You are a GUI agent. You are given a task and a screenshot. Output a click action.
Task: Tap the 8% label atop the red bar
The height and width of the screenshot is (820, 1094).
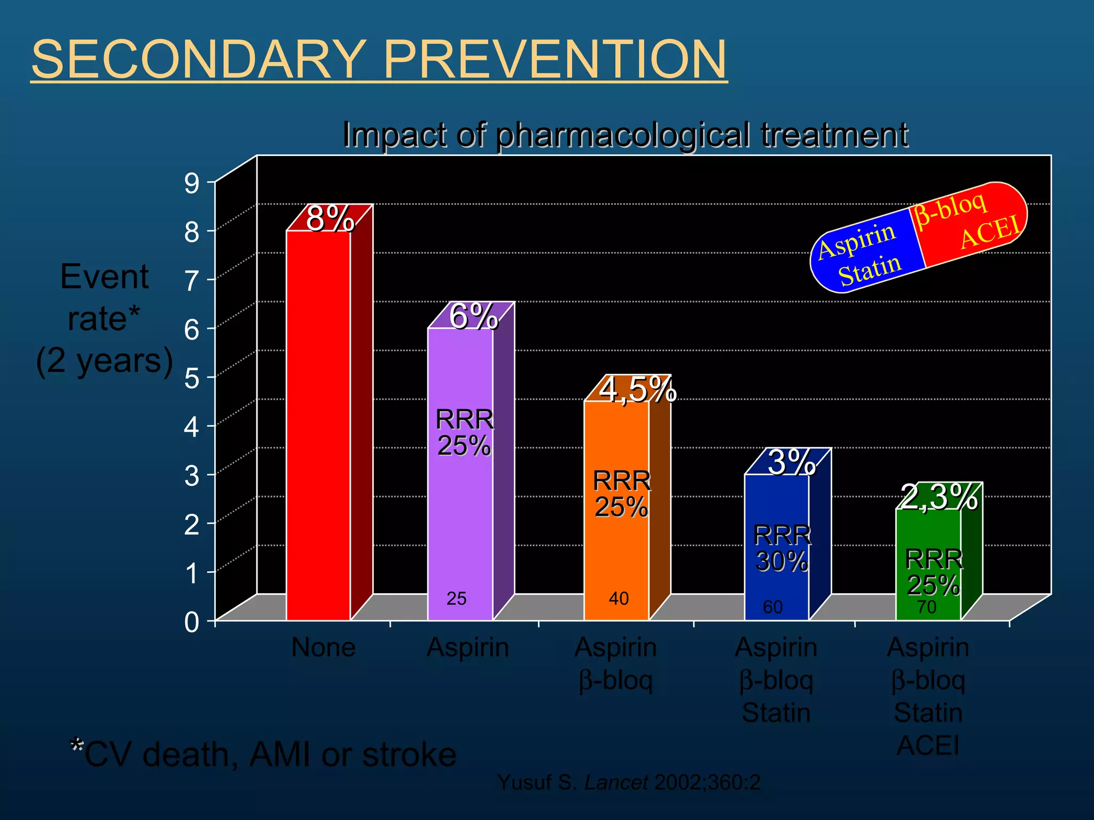click(330, 218)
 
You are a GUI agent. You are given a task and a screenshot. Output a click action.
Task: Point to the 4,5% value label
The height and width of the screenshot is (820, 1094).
click(637, 389)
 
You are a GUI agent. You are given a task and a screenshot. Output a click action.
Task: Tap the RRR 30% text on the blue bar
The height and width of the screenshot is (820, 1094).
click(782, 548)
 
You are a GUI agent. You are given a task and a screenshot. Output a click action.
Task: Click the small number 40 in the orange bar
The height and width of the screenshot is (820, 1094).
click(619, 598)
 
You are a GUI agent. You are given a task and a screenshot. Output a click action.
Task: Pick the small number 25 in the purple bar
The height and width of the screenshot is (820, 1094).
click(456, 598)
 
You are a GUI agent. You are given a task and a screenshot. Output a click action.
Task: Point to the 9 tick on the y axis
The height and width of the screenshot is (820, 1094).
click(192, 184)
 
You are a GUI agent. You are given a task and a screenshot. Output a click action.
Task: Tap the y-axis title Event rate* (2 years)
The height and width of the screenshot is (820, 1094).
click(104, 319)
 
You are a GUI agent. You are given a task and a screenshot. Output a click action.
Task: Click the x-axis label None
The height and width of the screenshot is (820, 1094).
click(323, 648)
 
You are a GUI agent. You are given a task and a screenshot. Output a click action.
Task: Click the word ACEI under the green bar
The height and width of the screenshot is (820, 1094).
click(928, 745)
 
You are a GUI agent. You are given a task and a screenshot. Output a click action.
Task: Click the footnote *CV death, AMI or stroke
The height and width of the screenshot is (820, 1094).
click(263, 754)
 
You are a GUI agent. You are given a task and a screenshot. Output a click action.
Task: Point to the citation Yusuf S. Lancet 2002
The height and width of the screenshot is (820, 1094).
click(629, 783)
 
